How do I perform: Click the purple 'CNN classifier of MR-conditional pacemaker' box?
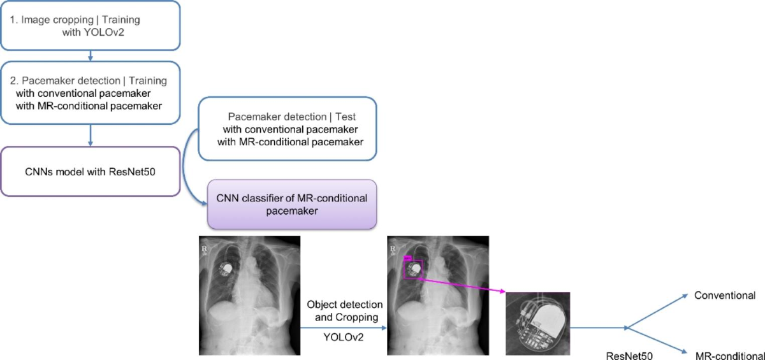click(x=292, y=204)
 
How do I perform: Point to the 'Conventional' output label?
click(x=725, y=295)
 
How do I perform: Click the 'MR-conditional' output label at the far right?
click(x=729, y=354)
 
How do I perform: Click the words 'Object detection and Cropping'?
click(x=344, y=310)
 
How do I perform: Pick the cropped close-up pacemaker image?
click(x=537, y=323)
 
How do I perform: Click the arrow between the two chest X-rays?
click(x=344, y=326)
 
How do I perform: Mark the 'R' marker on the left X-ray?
click(x=204, y=245)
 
